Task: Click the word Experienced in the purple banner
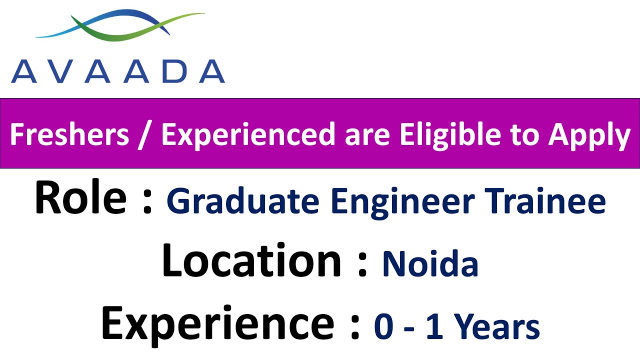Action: click(x=248, y=135)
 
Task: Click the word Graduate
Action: click(x=242, y=201)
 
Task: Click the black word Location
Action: click(x=251, y=260)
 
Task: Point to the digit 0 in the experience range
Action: click(x=384, y=327)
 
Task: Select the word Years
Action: click(x=497, y=327)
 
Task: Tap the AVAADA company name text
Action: click(x=118, y=71)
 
